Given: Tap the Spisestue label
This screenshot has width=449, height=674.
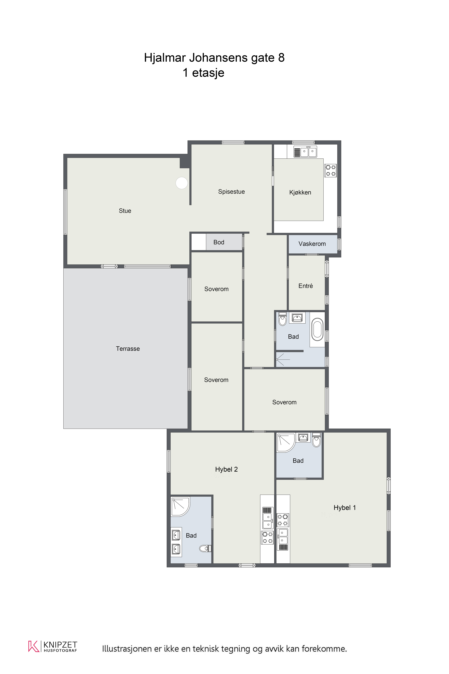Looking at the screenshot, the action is click(231, 192).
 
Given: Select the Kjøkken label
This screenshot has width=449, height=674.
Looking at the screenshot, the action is click(300, 193).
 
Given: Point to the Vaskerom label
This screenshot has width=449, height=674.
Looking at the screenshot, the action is click(312, 244).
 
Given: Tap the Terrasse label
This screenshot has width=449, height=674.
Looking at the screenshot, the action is click(128, 349).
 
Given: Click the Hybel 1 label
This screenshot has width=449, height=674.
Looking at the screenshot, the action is click(344, 508).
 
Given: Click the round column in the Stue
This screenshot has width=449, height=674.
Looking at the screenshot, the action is click(182, 183).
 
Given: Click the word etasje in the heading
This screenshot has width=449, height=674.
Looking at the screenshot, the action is click(208, 73).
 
